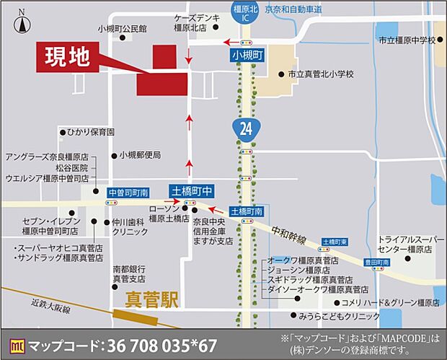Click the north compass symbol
[22, 23]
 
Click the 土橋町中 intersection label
[191, 190]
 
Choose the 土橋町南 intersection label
[247, 211]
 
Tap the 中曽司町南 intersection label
[128, 193]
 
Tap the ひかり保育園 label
[90, 132]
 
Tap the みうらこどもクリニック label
[340, 316]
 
